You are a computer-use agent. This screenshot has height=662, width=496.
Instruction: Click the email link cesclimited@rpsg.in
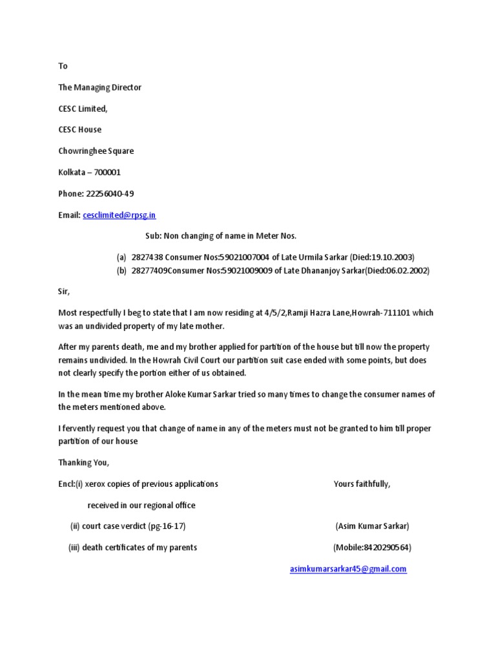[119, 215]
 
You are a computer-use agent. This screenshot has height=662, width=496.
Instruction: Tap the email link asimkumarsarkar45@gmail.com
[348, 569]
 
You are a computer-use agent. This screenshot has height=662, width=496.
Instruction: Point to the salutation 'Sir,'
[63, 292]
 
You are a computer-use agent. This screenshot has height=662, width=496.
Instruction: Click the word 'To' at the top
[63, 66]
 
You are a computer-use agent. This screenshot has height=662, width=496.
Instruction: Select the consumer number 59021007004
[247, 257]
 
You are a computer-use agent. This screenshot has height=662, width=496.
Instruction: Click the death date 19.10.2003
[391, 257]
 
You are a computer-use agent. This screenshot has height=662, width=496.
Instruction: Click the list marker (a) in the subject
[121, 257]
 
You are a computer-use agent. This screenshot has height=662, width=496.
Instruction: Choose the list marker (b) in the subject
[121, 271]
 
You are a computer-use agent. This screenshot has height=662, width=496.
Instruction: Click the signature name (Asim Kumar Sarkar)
[372, 526]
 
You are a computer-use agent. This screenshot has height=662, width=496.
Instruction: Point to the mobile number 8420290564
[384, 548]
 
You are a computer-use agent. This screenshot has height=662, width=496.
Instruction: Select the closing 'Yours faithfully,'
[362, 484]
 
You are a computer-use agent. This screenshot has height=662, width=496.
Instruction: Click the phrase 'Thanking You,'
[84, 462]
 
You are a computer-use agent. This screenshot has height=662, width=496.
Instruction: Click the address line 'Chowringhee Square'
[96, 151]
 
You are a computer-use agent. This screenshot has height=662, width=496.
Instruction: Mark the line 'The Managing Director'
[99, 87]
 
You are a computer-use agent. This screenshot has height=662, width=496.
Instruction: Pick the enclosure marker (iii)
[74, 548]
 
